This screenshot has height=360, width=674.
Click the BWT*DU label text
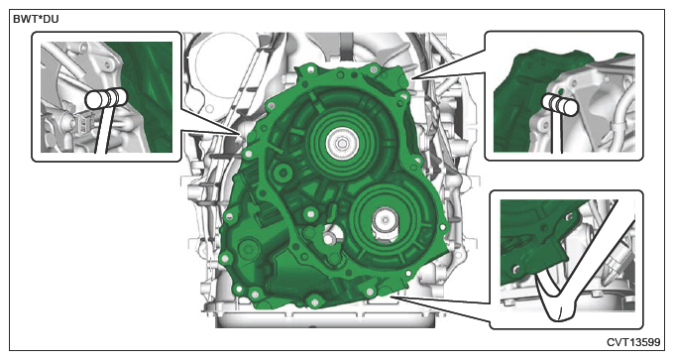tap(36, 19)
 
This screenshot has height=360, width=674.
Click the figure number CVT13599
tap(633, 342)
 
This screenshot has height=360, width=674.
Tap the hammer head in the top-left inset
tap(106, 99)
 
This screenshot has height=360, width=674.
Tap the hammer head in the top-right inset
tap(560, 105)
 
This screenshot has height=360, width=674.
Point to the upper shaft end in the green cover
tap(341, 143)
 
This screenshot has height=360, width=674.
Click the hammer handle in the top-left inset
tap(102, 130)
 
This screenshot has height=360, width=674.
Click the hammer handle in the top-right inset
tap(557, 133)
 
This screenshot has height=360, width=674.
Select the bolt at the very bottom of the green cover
tap(313, 301)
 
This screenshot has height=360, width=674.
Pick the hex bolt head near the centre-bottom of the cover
tap(329, 239)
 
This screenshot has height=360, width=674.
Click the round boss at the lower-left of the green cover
tap(248, 248)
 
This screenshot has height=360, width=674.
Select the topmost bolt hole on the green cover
tap(373, 68)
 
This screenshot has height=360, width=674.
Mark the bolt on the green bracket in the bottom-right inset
tap(516, 270)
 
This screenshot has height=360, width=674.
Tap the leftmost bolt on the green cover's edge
tap(223, 259)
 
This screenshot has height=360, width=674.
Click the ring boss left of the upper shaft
tap(282, 173)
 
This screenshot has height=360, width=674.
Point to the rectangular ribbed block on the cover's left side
tap(268, 215)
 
